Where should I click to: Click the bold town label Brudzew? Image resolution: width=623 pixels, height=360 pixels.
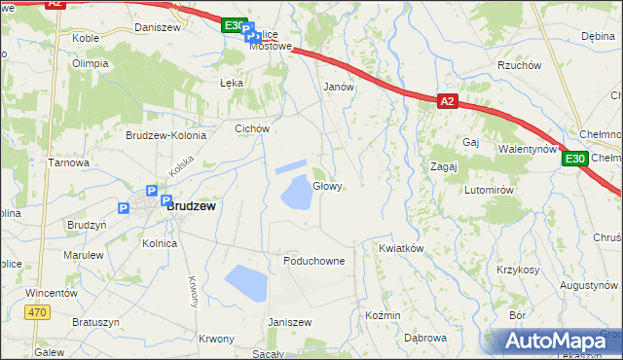191,206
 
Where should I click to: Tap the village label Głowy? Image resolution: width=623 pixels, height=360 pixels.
327,186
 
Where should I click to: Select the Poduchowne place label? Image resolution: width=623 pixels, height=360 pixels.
314,261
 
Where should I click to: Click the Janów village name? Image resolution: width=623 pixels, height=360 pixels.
338,86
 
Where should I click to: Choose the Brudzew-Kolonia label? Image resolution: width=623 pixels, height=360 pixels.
165,135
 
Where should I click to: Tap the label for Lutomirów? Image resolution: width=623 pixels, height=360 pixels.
488,190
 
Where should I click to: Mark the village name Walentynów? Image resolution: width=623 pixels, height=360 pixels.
527,149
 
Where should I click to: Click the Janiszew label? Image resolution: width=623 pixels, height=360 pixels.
289,322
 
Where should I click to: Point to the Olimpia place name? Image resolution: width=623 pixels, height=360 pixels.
90,63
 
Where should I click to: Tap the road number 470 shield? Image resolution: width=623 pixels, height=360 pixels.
37,311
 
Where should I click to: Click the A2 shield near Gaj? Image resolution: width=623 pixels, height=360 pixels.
446,100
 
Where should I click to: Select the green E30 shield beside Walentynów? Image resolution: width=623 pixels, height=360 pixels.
575,159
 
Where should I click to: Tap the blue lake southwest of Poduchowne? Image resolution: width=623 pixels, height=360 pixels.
245,284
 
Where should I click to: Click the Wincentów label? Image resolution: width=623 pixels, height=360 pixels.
52,292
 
